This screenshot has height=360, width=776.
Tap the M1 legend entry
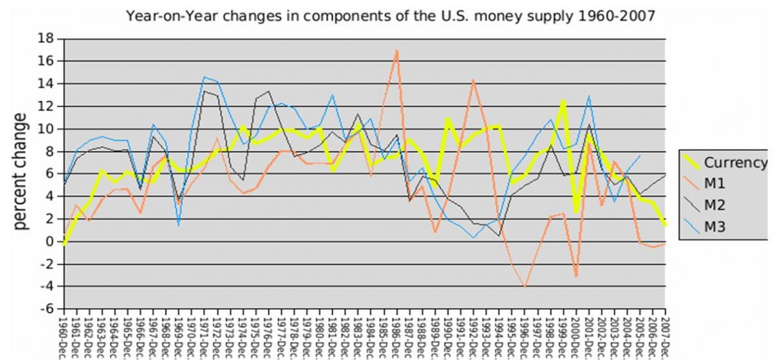tap(715, 184)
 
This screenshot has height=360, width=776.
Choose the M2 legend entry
tap(715, 205)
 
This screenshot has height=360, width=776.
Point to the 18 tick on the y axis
tap(46, 38)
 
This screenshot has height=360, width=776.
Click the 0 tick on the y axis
tap(49, 242)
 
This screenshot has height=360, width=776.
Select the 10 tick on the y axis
tap(46, 129)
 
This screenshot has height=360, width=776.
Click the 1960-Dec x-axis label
tap(63, 336)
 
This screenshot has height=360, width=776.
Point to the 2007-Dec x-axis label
tap(665, 336)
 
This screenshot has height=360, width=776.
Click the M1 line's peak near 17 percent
tap(396, 50)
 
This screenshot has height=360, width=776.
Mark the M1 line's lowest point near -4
tap(524, 286)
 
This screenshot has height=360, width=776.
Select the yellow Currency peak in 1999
tap(563, 101)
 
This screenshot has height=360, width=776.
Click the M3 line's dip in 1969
tap(178, 225)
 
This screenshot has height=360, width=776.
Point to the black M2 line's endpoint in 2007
tap(665, 175)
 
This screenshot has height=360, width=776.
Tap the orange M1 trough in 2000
tap(576, 276)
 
